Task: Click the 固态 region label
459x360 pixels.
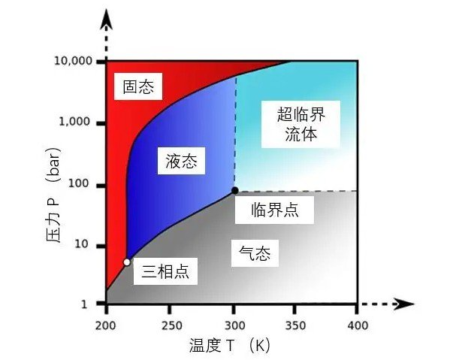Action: [x=138, y=87]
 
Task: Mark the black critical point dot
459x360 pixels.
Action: [x=234, y=191]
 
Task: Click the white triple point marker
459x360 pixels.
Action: [x=127, y=262]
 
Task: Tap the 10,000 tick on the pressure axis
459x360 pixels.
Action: [x=74, y=61]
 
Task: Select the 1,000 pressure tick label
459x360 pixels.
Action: [x=77, y=123]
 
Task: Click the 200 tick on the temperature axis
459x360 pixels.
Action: [x=107, y=325]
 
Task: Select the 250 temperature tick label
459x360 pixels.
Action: [x=170, y=325]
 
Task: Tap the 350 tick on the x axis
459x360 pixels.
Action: [x=295, y=325]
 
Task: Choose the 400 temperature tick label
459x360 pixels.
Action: [x=358, y=325]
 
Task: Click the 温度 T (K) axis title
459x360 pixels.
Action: [x=230, y=346]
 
